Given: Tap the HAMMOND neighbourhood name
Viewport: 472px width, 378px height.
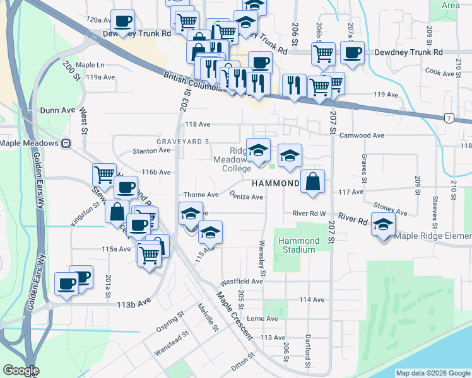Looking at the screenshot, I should (276, 183).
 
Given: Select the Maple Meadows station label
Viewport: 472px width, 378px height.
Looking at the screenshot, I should (30, 143).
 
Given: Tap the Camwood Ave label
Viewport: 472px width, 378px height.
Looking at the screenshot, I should (362, 135).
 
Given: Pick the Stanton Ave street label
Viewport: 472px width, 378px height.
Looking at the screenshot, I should (151, 151).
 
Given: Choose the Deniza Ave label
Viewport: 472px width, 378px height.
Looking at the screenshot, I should (246, 197).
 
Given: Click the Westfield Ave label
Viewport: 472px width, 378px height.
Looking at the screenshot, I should (241, 281).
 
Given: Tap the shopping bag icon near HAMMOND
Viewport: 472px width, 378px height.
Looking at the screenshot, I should (312, 182).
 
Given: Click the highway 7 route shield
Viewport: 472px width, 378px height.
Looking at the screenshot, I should (448, 118).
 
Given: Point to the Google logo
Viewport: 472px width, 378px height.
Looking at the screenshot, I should (21, 370).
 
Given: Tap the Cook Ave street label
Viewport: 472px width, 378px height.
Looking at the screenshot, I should (440, 73).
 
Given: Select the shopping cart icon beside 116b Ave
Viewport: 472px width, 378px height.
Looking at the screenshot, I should (104, 174).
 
